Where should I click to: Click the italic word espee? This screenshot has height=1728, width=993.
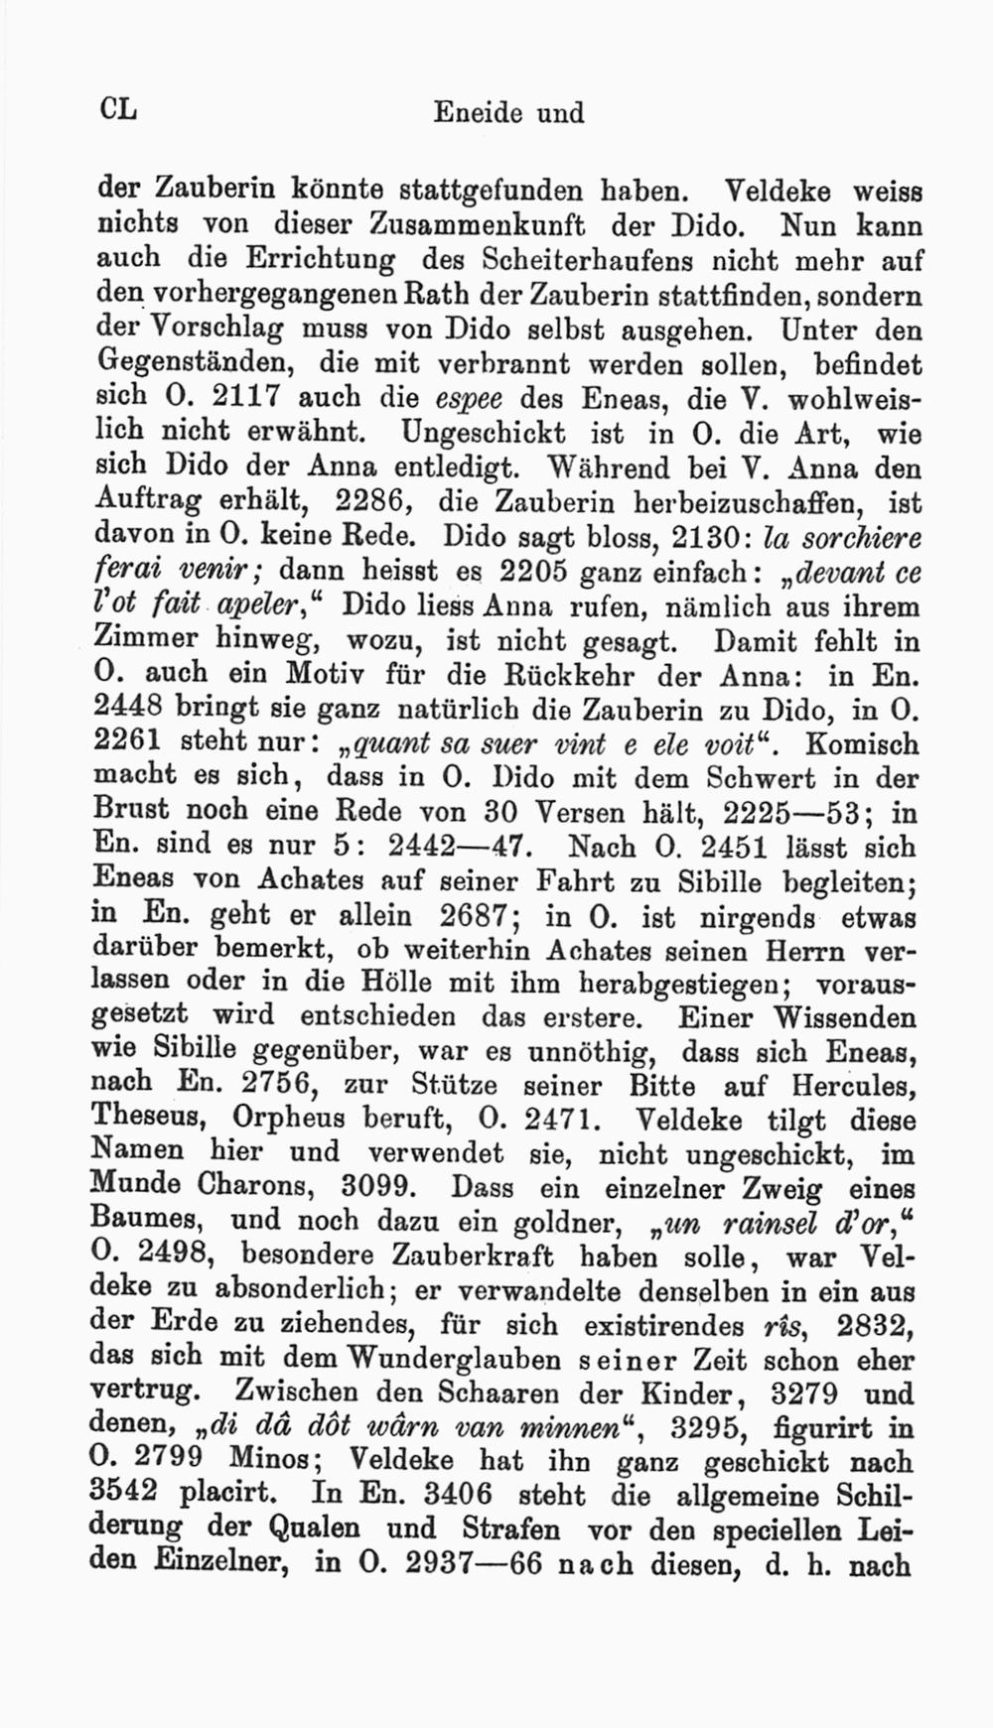coord(470,399)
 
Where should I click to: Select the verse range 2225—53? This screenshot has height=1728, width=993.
coord(788,813)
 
